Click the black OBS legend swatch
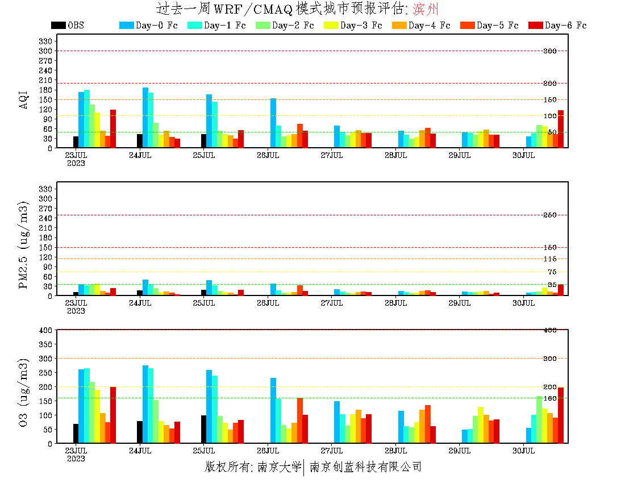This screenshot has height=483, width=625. click(x=58, y=25)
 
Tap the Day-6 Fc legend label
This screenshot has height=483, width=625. click(x=565, y=26)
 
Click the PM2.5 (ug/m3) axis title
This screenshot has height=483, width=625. click(x=24, y=244)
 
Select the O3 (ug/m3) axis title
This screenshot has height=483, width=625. click(x=24, y=392)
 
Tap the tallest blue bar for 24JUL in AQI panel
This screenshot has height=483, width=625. click(x=145, y=118)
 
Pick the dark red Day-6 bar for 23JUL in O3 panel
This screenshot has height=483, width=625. click(x=113, y=415)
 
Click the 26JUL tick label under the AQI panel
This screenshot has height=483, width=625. click(x=268, y=155)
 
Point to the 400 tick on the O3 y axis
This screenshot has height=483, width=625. click(x=46, y=330)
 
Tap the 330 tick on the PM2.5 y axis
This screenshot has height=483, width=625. click(x=46, y=189)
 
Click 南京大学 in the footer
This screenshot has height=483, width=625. click(x=278, y=467)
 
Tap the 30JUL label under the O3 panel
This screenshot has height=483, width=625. click(x=523, y=451)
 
